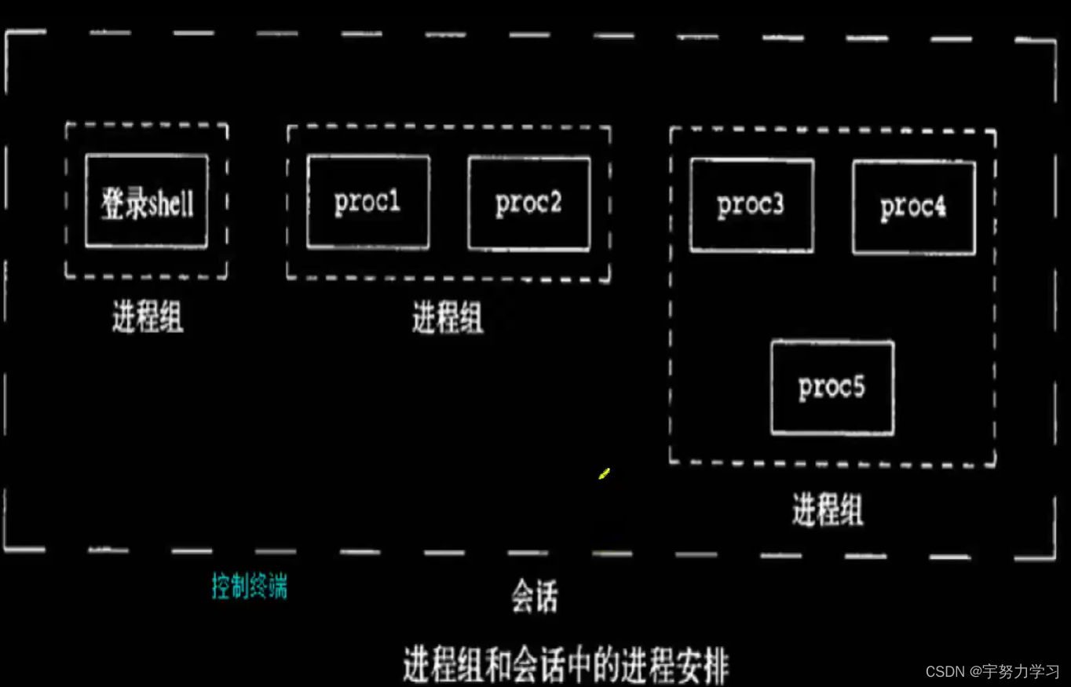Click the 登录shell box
[x=147, y=201]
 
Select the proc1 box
[x=368, y=202]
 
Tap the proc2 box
[x=528, y=203]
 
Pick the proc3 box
[x=751, y=205]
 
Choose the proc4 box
[x=914, y=207]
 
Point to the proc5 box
[x=832, y=387]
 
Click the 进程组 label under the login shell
[x=148, y=319]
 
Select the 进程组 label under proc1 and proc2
[x=448, y=320]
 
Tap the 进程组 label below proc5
[x=828, y=510]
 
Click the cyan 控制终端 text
[x=250, y=586]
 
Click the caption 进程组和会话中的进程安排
[x=565, y=666]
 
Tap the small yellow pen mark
[x=604, y=473]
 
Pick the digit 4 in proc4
[x=939, y=207]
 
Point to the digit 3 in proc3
[x=777, y=205]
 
